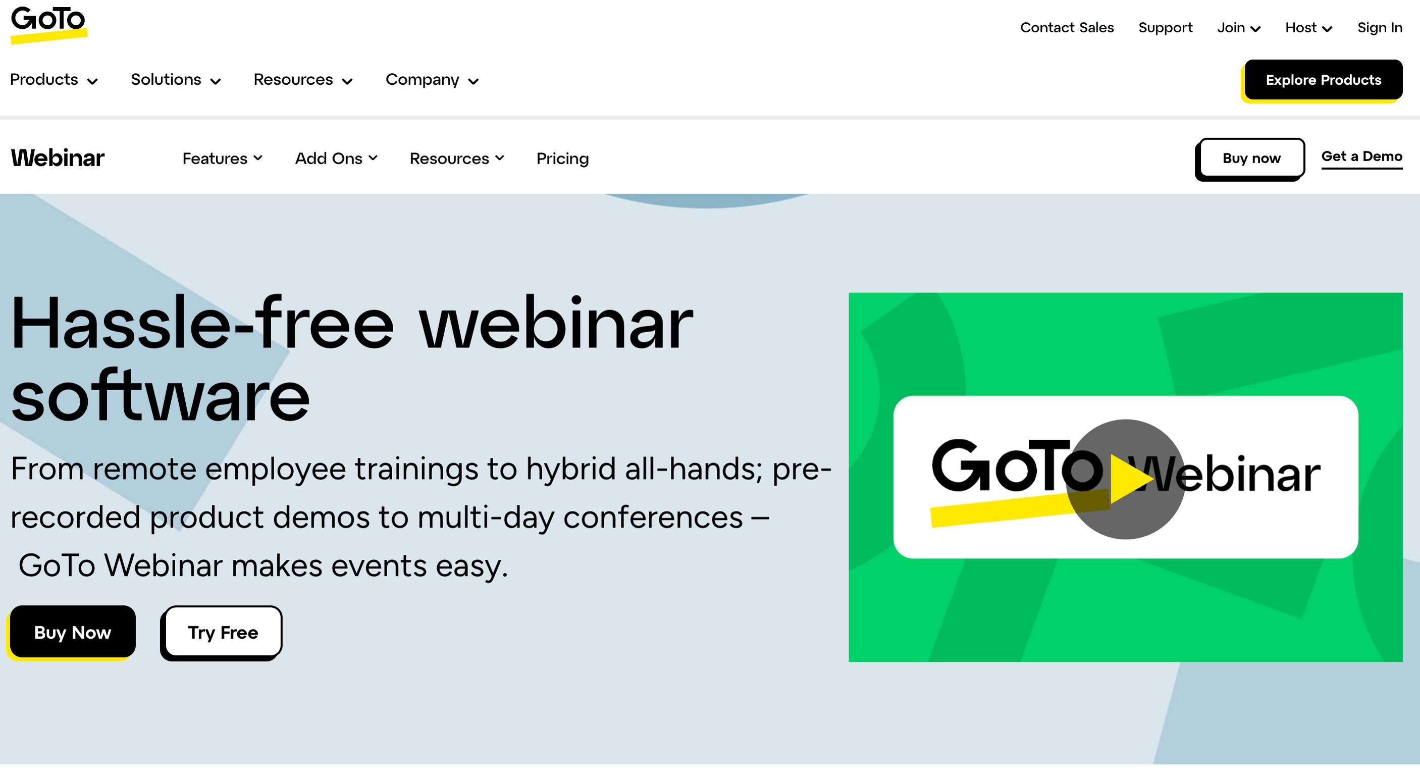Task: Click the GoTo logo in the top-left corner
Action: (x=48, y=25)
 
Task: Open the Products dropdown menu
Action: (x=54, y=80)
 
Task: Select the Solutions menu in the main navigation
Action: (x=176, y=80)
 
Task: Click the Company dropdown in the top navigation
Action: (x=432, y=80)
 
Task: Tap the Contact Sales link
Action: (x=1067, y=28)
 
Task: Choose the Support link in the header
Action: (x=1165, y=28)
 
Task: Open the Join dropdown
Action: (x=1239, y=28)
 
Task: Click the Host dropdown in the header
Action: (x=1308, y=28)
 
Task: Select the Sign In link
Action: (x=1380, y=28)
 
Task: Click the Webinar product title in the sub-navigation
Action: (x=58, y=158)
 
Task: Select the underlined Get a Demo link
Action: (x=1361, y=157)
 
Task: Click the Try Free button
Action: (x=223, y=632)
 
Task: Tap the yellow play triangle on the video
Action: (x=1128, y=479)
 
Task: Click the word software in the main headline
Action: (x=160, y=396)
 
